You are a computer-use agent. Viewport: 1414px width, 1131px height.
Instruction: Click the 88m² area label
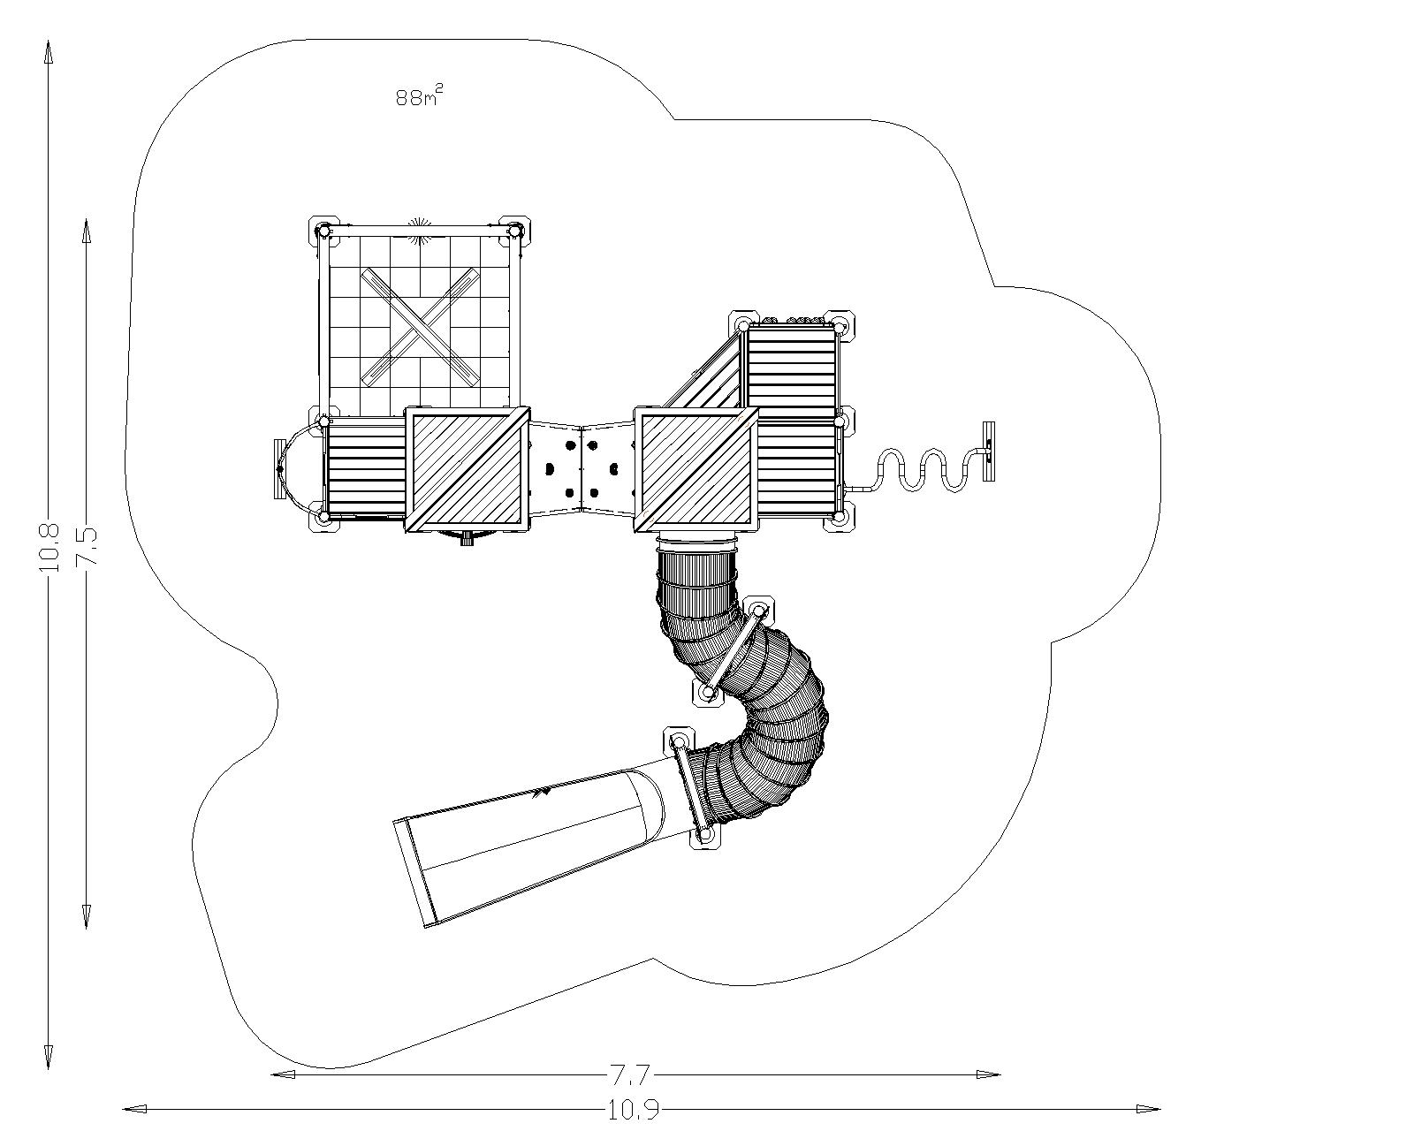click(419, 97)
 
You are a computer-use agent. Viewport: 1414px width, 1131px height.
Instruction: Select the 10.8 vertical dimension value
click(49, 547)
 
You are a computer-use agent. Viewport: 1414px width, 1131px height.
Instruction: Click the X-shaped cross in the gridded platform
click(420, 327)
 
